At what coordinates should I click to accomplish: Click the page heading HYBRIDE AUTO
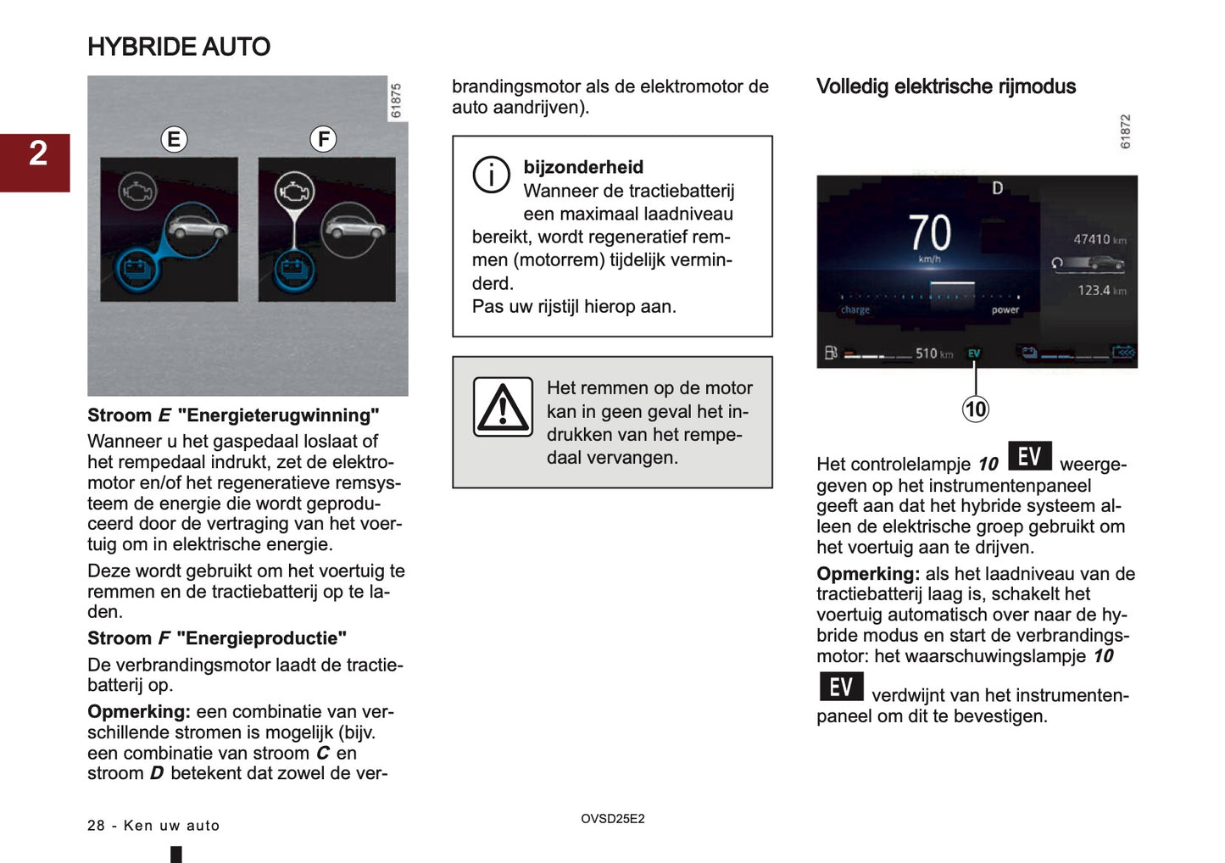(179, 47)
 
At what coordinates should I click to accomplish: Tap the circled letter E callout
(174, 139)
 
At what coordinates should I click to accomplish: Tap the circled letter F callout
(323, 139)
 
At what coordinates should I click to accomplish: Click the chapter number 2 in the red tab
(38, 153)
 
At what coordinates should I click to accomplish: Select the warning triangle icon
(503, 408)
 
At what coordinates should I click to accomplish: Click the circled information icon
(491, 175)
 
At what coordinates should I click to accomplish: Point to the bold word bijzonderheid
(583, 167)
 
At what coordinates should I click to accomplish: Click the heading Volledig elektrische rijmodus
(945, 86)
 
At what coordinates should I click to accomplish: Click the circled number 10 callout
(975, 409)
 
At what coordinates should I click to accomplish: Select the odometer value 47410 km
(1100, 240)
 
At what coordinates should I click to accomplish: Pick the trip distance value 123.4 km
(1101, 291)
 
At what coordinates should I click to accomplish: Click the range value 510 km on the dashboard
(933, 354)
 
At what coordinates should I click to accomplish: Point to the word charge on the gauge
(855, 310)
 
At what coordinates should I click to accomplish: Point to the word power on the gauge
(1005, 310)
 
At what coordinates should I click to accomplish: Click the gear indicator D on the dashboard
(997, 188)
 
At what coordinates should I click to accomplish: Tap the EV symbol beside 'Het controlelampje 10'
(1029, 456)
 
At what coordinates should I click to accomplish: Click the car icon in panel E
(198, 227)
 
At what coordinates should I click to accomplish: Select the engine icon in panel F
(293, 191)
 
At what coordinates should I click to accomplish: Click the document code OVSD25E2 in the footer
(612, 819)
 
